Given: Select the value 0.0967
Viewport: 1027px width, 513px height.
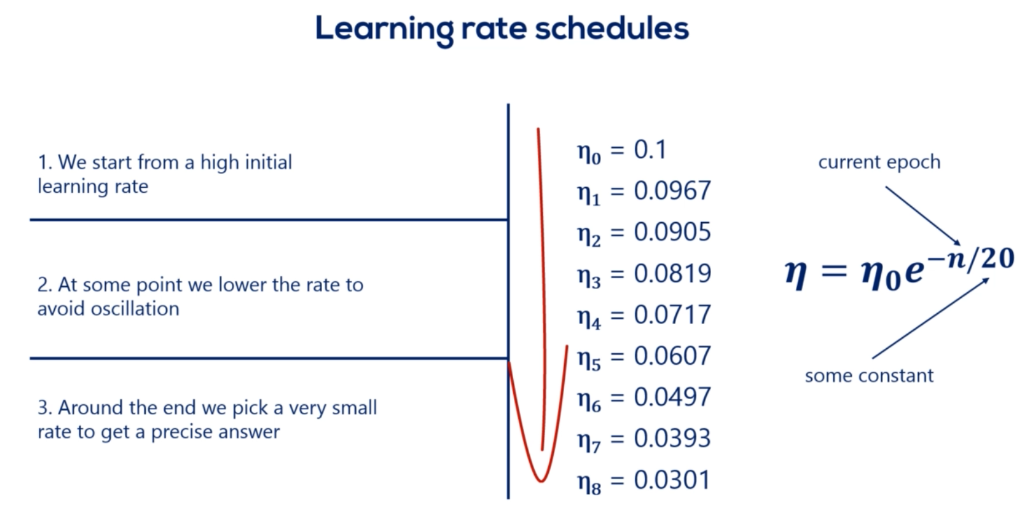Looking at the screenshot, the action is pos(672,191).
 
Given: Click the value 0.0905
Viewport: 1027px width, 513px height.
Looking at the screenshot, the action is pos(672,232).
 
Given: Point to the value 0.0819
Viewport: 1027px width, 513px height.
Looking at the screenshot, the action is pos(672,273).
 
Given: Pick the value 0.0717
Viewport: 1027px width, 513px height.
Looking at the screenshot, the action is pos(672,314).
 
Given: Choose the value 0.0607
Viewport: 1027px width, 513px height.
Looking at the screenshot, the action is pos(672,356).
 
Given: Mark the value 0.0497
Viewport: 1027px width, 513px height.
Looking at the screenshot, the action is pos(672,397).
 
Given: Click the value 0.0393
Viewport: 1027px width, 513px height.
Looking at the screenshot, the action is pos(672,439).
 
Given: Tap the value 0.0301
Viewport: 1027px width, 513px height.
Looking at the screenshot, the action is pos(672,480).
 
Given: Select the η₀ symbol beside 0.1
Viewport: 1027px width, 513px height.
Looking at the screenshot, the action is pos(589,153).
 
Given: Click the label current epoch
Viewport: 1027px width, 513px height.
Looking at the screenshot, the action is pos(879,162).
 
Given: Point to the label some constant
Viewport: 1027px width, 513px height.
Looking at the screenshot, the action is pos(869,376).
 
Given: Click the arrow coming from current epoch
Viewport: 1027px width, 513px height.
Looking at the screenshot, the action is pos(923,216).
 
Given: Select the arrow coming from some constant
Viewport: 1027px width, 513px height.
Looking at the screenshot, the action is pos(931,318).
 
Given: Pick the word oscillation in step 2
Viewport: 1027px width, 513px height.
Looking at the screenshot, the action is pos(135,309).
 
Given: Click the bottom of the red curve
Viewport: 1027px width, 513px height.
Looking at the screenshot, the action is pos(541,481).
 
